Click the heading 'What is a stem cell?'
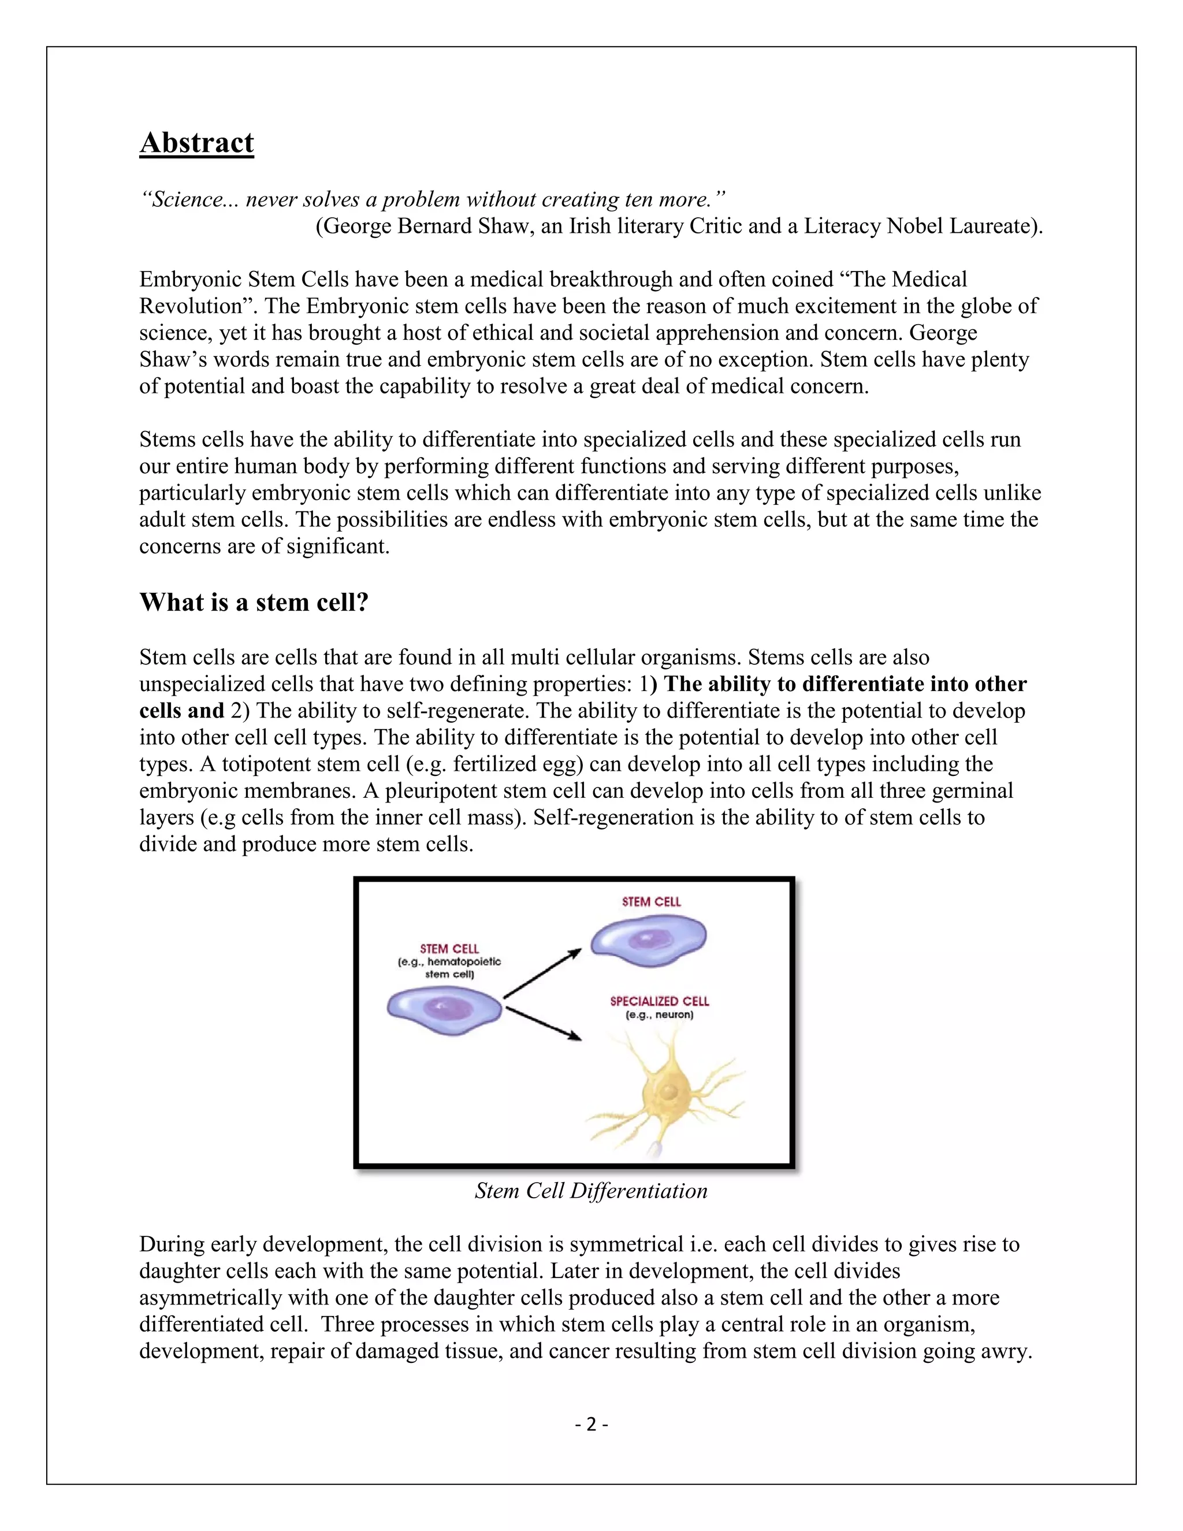click(254, 602)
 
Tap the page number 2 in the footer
click(591, 1424)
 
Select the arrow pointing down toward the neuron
click(544, 1024)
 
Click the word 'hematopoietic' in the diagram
click(464, 962)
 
